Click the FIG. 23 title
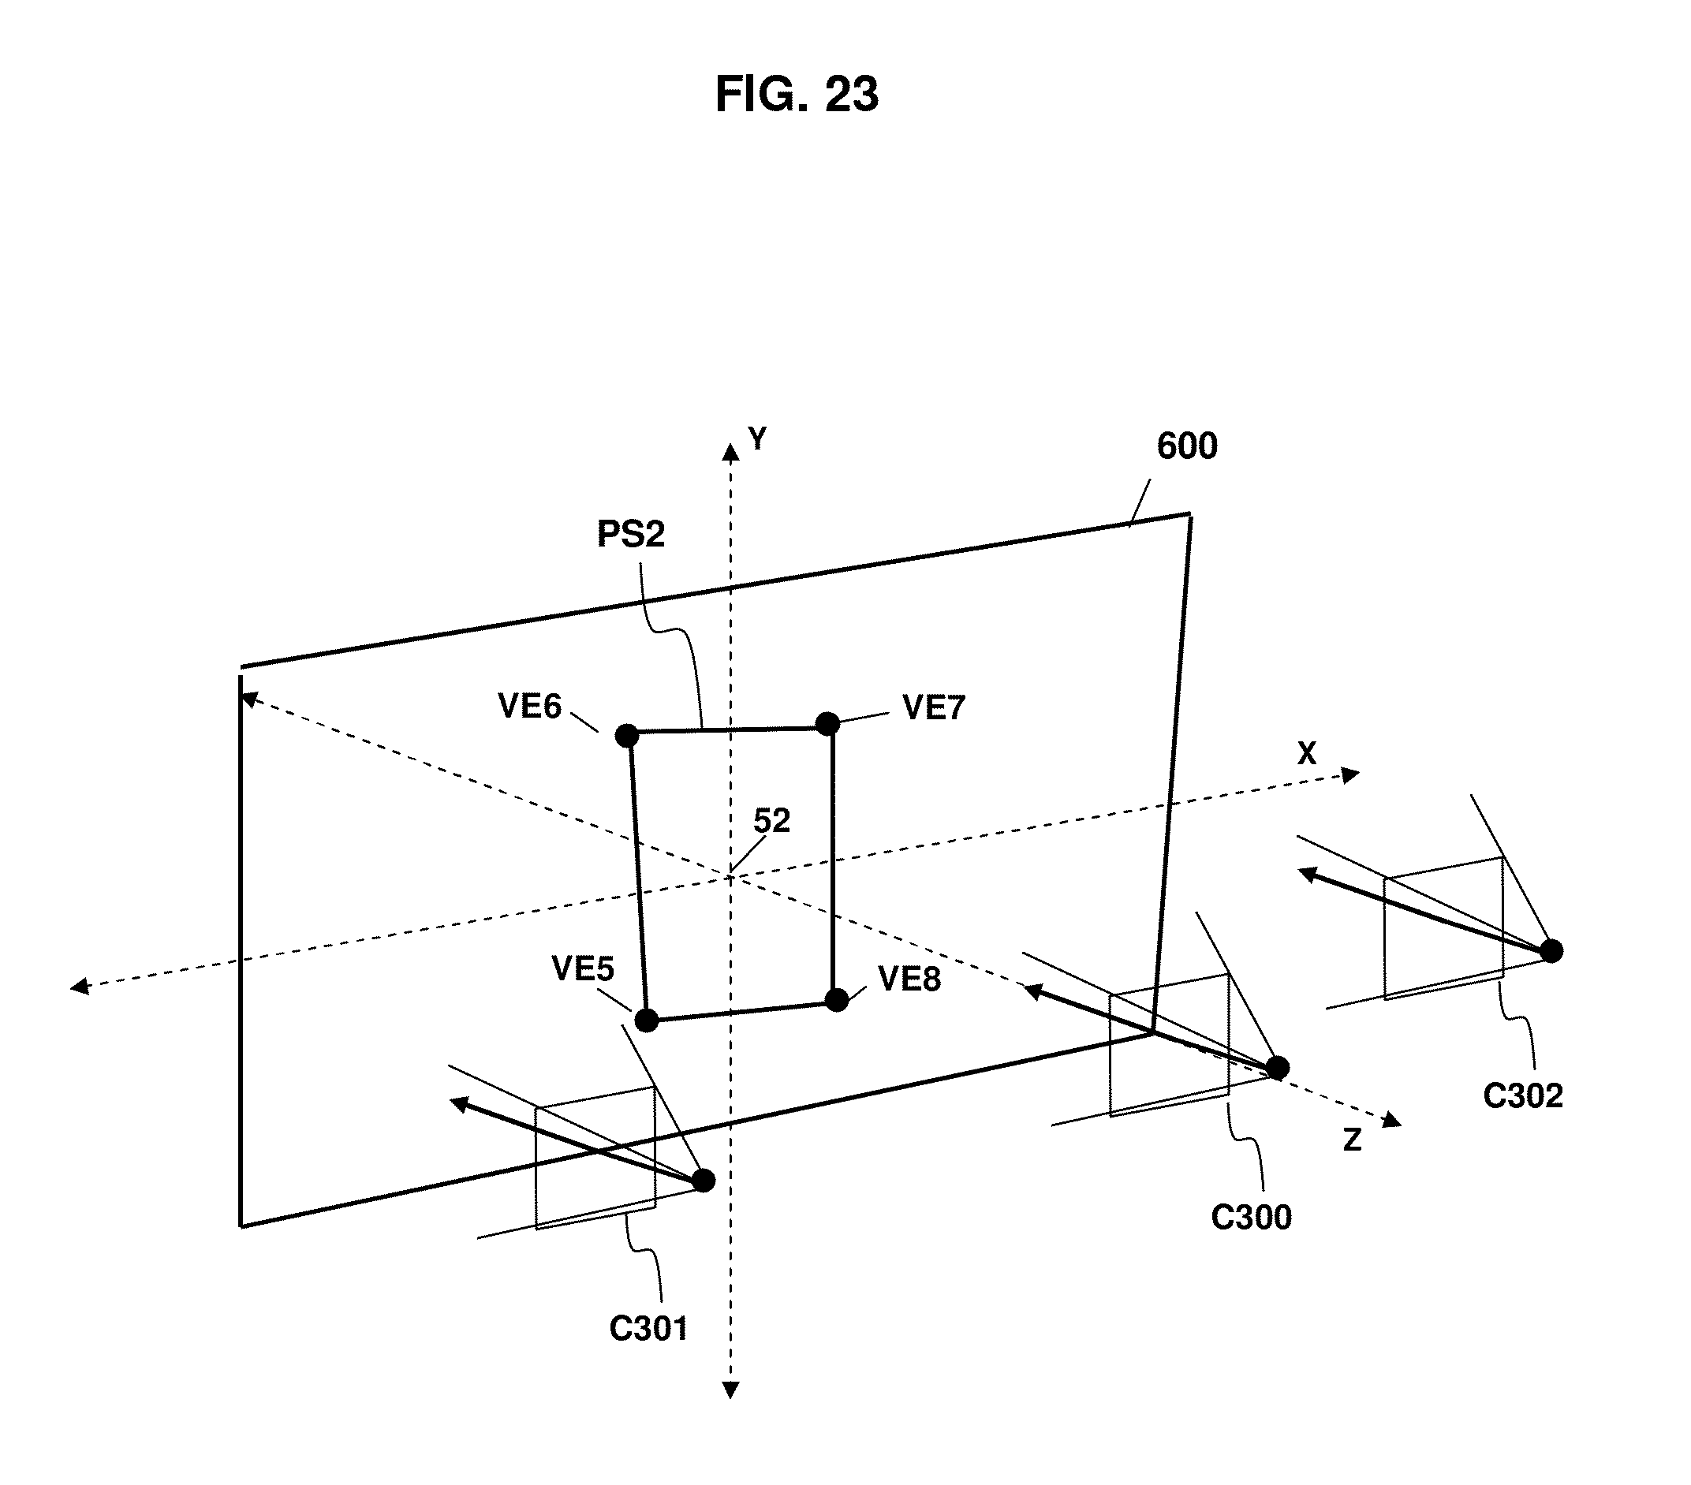point(796,95)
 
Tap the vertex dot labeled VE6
point(627,735)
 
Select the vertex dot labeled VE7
point(827,724)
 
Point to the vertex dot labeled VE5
point(646,1020)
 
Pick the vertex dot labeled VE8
point(836,999)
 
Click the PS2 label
point(630,535)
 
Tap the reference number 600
point(1186,446)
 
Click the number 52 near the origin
point(771,821)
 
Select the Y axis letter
point(757,439)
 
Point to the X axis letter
point(1305,754)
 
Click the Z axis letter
point(1352,1140)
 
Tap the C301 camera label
point(648,1330)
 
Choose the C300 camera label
point(1251,1218)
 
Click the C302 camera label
point(1522,1096)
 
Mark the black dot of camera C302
point(1551,950)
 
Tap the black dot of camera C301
point(704,1181)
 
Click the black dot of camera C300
point(1278,1067)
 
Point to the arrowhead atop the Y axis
point(730,452)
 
